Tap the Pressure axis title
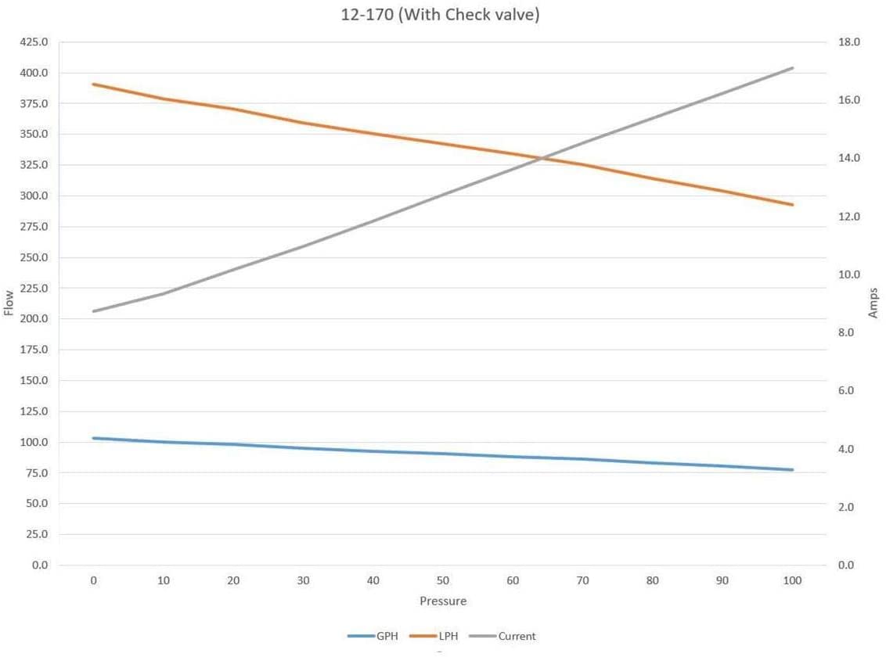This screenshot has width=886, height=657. (x=443, y=601)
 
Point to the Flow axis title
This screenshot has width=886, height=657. (x=9, y=303)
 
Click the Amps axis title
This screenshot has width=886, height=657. (x=873, y=303)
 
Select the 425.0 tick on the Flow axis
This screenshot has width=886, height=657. (x=34, y=42)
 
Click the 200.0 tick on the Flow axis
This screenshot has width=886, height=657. (x=34, y=319)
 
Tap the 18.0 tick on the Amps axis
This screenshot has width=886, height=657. (x=849, y=42)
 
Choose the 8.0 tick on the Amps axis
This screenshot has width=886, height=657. (x=849, y=332)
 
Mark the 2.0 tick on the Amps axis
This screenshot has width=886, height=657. (x=849, y=507)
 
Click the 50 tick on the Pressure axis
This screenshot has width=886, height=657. (x=443, y=580)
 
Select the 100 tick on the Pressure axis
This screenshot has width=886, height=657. (x=792, y=580)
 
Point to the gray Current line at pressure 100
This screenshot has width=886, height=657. (x=793, y=68)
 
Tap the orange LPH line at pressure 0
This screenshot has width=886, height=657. (x=94, y=84)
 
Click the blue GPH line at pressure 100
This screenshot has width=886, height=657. (x=793, y=470)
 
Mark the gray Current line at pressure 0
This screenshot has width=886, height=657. (x=94, y=311)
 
